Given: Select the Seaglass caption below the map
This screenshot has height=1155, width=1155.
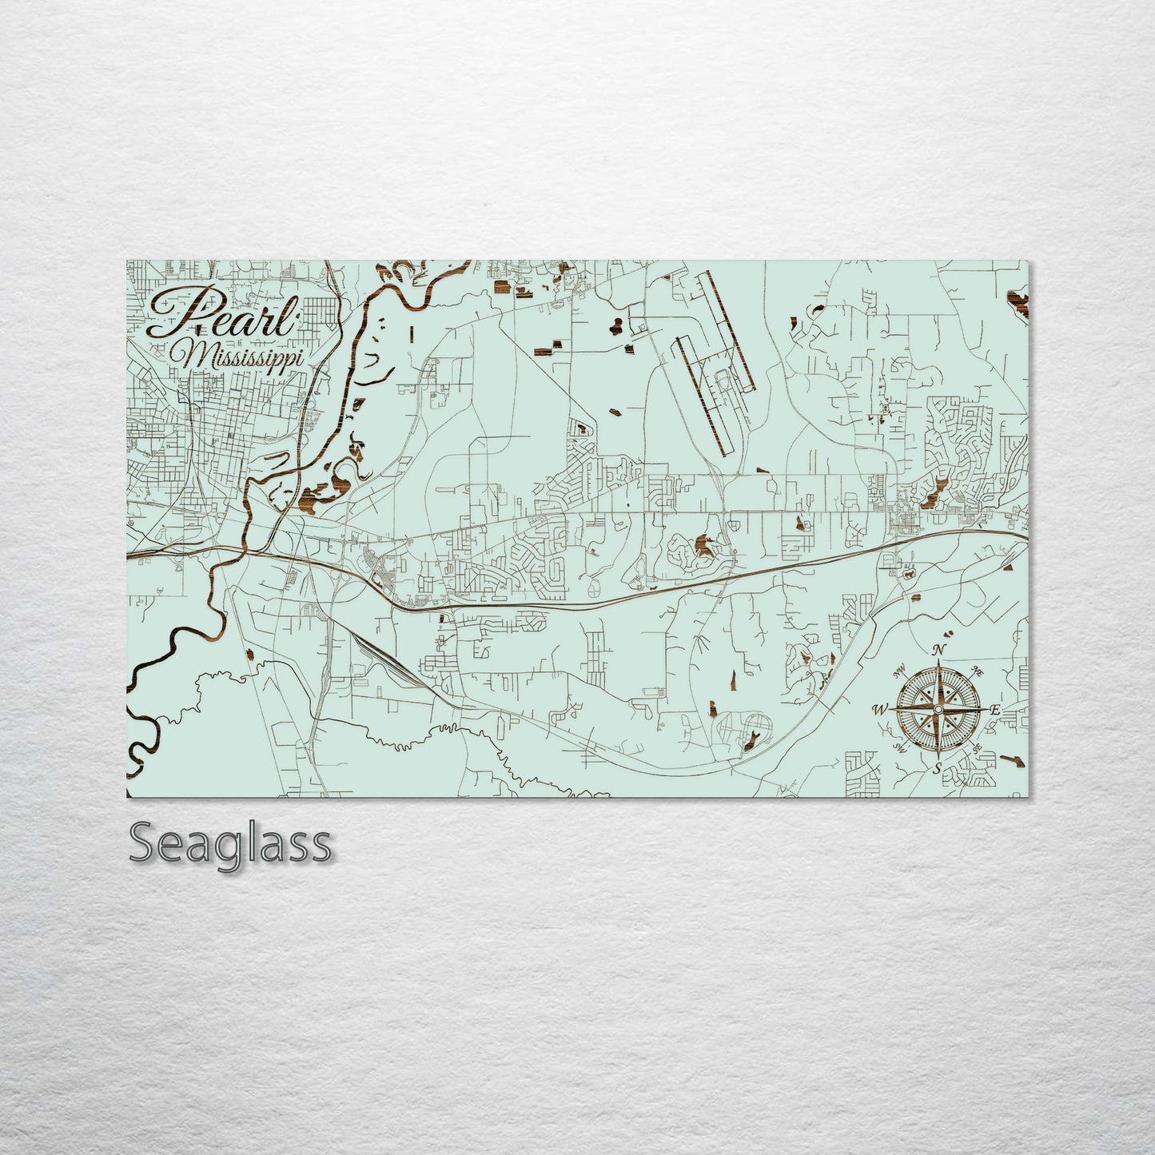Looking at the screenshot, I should (229, 842).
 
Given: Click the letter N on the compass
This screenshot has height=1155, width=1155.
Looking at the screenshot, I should (941, 649).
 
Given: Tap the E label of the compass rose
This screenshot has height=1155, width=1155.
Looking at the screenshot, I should (995, 709).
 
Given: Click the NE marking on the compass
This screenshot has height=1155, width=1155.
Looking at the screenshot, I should (975, 670).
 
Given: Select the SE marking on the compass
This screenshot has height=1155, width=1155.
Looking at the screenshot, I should (978, 747).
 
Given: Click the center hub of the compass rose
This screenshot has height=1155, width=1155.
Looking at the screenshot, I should (938, 708).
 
